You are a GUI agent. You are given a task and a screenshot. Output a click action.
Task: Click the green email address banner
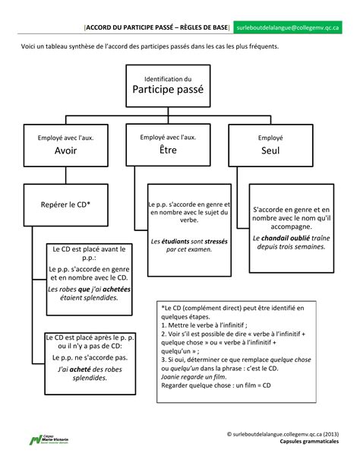(x=288, y=27)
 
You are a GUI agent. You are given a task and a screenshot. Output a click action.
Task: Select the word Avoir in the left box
(x=65, y=151)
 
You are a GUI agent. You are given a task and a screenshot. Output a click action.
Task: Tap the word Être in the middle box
(x=168, y=150)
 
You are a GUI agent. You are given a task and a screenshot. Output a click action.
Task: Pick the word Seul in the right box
(x=270, y=151)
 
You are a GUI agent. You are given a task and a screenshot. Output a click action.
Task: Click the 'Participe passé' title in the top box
(x=168, y=89)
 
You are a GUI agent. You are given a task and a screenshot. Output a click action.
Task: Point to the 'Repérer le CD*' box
(x=65, y=204)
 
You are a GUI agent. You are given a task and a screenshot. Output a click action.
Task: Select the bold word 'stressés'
(x=216, y=241)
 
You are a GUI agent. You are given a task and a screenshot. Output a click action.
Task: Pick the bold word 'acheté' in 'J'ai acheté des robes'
(x=81, y=369)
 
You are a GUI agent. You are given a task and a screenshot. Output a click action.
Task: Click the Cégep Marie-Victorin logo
(x=49, y=439)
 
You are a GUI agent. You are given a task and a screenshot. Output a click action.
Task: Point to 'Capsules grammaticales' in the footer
(x=309, y=442)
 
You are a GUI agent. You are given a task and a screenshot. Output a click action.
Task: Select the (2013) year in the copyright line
(x=331, y=434)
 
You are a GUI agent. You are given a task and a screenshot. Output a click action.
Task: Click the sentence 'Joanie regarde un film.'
(x=194, y=377)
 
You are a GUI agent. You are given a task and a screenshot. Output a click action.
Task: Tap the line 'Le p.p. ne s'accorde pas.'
(x=90, y=357)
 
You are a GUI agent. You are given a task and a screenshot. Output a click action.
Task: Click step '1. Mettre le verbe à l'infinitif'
(x=204, y=325)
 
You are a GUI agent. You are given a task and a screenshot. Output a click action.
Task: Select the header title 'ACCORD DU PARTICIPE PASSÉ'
(x=130, y=27)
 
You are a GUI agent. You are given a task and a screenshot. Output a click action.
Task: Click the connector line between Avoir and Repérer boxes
(x=65, y=176)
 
